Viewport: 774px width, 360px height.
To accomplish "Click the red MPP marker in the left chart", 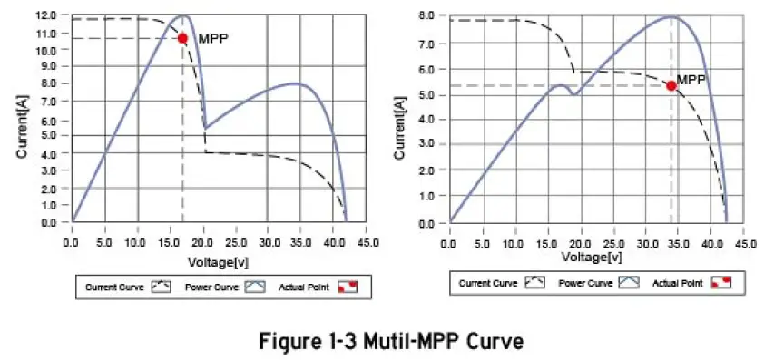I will (x=182, y=38).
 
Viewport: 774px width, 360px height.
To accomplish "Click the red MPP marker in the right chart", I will (x=671, y=85).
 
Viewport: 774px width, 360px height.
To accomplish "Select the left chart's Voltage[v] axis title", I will (x=218, y=261).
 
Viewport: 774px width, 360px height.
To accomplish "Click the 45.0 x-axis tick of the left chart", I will (x=367, y=244).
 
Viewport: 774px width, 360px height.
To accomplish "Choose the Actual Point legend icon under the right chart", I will (x=720, y=283).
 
